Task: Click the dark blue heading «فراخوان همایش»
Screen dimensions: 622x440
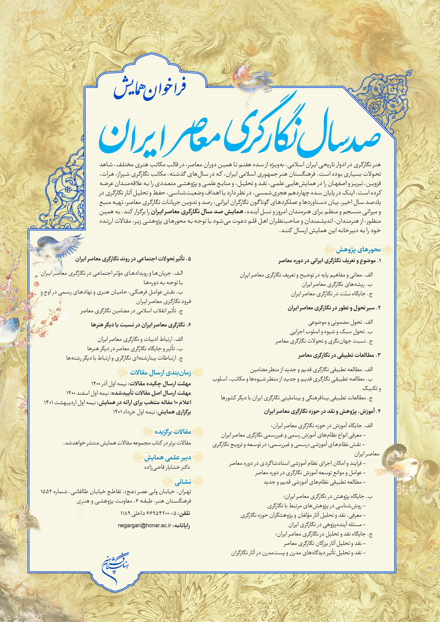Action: click(150, 87)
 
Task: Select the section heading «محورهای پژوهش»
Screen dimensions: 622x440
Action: click(358, 250)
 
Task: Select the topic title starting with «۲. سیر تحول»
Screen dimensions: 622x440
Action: click(334, 308)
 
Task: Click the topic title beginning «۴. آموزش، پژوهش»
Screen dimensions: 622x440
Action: click(323, 411)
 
